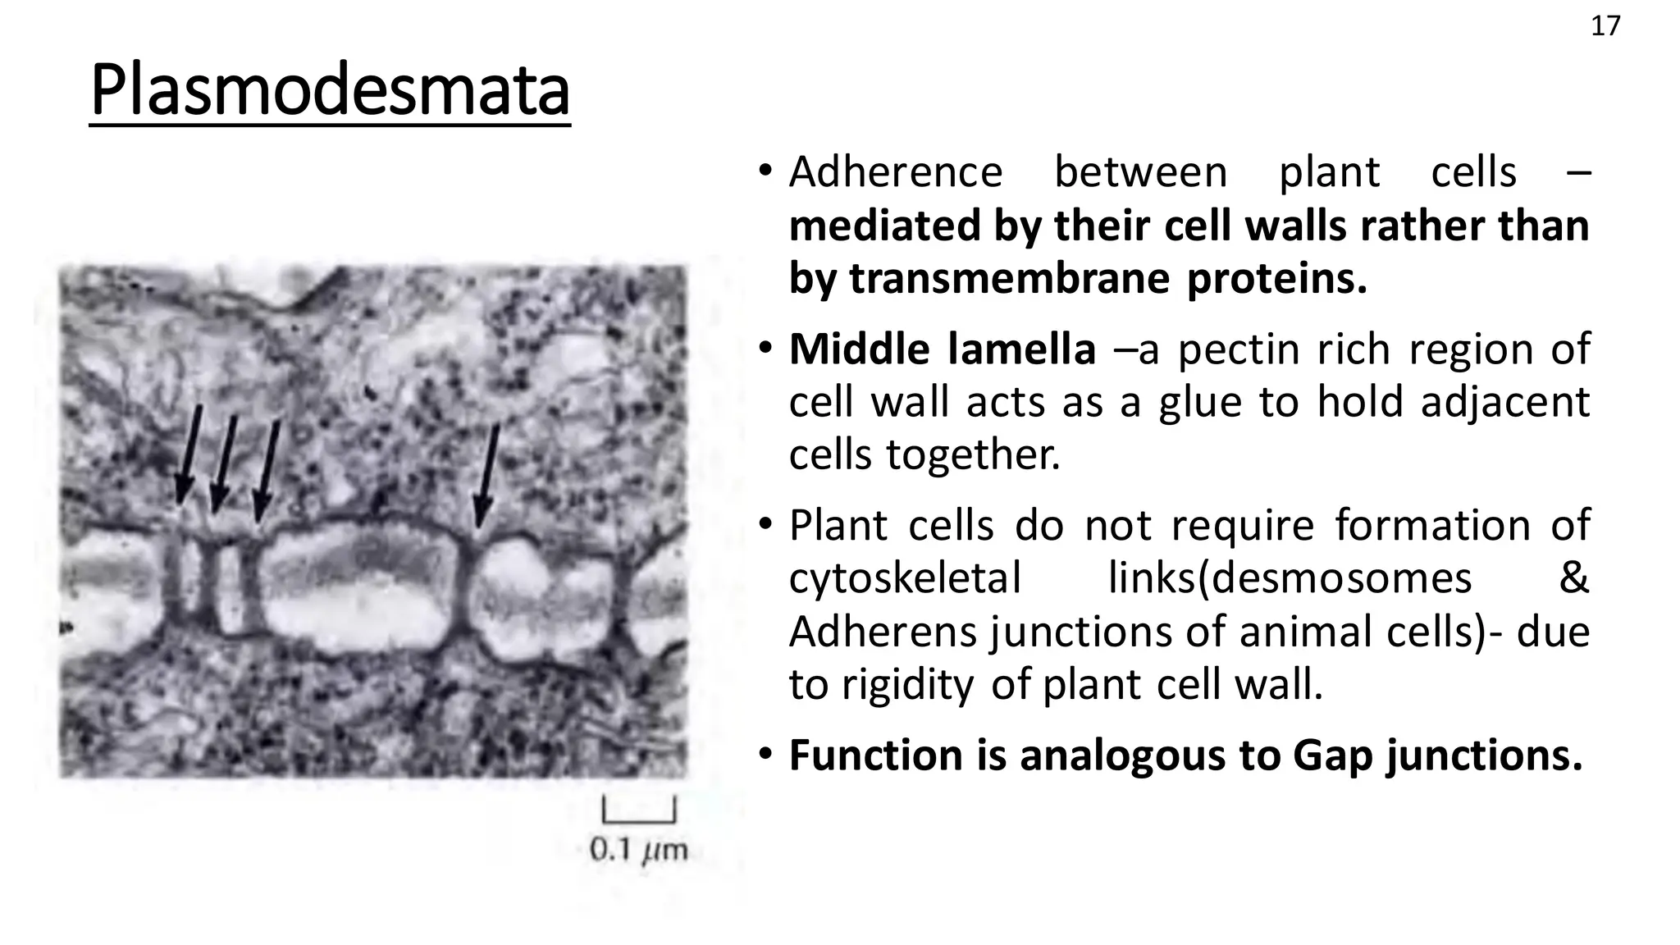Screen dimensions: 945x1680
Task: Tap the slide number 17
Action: [x=1605, y=27]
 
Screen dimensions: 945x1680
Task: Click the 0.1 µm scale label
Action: [x=638, y=849]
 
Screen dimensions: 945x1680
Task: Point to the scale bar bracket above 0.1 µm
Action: [x=639, y=811]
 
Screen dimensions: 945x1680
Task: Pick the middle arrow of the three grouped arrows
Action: [x=224, y=463]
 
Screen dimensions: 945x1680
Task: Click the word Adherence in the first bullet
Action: [x=896, y=172]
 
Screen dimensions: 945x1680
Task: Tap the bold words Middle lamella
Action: [x=943, y=349]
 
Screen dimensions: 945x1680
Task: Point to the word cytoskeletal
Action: [x=905, y=577]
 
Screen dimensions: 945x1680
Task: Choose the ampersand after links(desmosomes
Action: [x=1573, y=577]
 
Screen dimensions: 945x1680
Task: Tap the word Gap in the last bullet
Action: [x=1332, y=755]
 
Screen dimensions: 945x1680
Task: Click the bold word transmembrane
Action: [x=1009, y=279]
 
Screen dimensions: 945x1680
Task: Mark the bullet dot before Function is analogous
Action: [x=765, y=755]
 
